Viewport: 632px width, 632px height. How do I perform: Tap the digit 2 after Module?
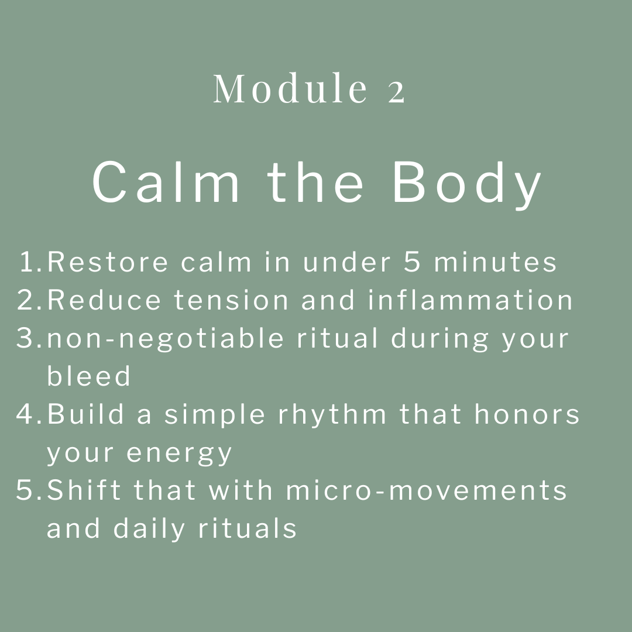coord(396,92)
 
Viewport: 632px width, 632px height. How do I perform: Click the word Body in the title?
coord(467,185)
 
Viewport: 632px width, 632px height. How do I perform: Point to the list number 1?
coord(31,262)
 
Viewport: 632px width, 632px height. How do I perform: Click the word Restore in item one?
coord(108,262)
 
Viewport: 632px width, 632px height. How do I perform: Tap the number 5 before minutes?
coord(412,262)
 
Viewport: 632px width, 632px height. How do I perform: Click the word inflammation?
coord(470,300)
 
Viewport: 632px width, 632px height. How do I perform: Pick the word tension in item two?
coord(231,300)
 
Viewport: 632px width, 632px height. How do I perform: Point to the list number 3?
coord(29,338)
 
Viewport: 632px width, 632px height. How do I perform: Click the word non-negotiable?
coord(165,339)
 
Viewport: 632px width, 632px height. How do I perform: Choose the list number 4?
coord(29,414)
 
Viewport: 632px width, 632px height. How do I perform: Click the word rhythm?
coord(332,415)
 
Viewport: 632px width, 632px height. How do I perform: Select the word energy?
coord(180,454)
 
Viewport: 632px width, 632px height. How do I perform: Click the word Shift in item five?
coord(84,490)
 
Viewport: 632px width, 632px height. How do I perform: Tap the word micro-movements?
coord(427,490)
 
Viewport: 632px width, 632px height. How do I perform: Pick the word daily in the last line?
coord(149,529)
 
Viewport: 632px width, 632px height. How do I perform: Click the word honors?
coord(527,414)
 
